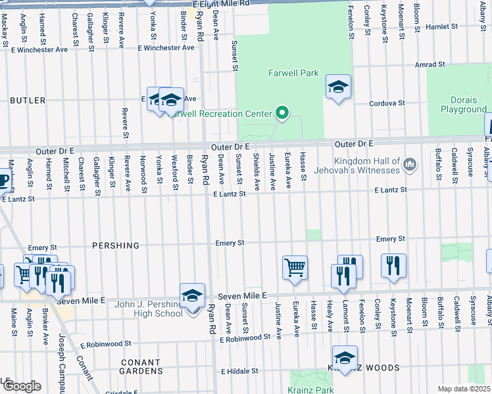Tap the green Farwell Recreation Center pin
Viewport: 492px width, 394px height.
click(282, 114)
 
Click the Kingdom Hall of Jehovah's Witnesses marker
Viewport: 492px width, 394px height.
click(409, 162)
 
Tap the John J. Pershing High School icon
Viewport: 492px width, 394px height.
click(192, 296)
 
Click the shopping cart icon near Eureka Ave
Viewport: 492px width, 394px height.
click(295, 267)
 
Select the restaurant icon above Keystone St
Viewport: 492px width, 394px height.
click(393, 266)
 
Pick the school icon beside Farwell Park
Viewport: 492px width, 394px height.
click(338, 87)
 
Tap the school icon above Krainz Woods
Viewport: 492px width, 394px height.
click(345, 359)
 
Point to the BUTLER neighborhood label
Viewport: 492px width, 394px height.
click(28, 100)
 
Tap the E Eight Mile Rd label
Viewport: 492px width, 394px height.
click(222, 4)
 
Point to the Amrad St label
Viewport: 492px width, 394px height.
click(430, 65)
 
